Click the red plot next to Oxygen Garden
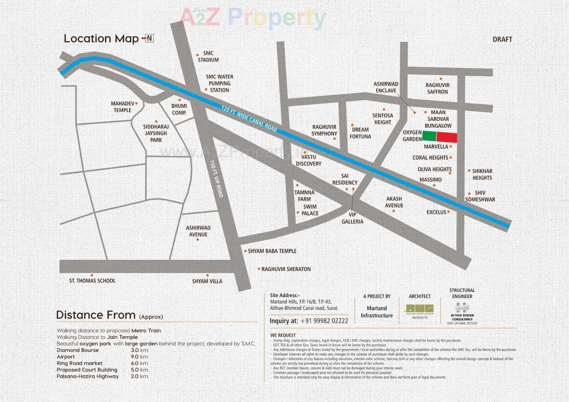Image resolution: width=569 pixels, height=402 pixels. [x=447, y=137]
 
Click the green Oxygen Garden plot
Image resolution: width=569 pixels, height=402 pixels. [x=429, y=136]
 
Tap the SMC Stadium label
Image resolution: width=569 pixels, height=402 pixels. [x=208, y=57]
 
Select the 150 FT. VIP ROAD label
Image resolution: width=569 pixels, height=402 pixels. [x=216, y=179]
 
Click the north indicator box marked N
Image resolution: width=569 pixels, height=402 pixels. [x=149, y=38]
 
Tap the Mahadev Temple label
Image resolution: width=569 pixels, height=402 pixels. [x=122, y=107]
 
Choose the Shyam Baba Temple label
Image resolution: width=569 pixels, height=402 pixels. [x=272, y=251]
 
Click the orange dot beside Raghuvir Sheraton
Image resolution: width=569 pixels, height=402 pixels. [x=259, y=269]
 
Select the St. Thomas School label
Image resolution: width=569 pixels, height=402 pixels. [x=92, y=281]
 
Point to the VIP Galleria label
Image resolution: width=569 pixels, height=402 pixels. [x=352, y=218]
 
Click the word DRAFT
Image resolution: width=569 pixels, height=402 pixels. [x=502, y=39]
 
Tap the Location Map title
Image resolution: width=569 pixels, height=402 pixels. [x=101, y=39]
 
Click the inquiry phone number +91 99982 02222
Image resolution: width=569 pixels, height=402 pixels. [x=324, y=321]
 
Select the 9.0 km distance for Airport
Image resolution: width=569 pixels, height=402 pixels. [x=140, y=357]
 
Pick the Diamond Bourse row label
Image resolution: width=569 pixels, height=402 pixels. [x=78, y=350]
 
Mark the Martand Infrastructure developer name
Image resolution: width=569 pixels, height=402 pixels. [x=376, y=312]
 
